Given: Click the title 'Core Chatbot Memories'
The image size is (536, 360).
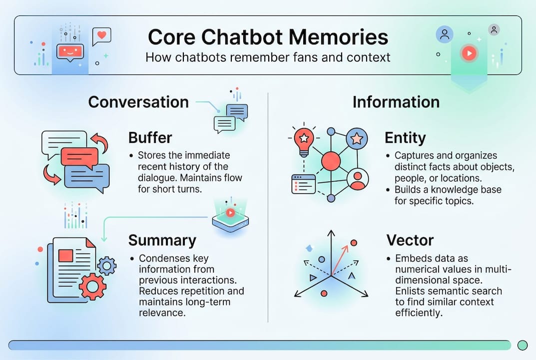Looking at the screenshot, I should click(268, 37).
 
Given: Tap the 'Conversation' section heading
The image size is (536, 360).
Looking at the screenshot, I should click(138, 102).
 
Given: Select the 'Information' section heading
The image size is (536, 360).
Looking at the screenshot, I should click(396, 102).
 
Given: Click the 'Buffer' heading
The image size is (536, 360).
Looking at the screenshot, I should click(150, 137).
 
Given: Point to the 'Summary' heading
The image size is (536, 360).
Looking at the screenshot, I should click(162, 240).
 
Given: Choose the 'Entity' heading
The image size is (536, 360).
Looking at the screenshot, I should click(405, 137).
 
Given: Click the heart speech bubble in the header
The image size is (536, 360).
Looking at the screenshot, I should click(102, 36).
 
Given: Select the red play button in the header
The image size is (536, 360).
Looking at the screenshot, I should click(469, 53).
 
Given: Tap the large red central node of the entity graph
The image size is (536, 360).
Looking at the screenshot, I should click(331, 160).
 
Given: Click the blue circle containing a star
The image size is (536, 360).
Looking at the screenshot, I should click(357, 138).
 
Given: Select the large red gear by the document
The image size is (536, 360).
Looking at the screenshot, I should click(92, 286).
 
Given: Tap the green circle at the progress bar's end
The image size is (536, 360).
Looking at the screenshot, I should click(523, 345).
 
